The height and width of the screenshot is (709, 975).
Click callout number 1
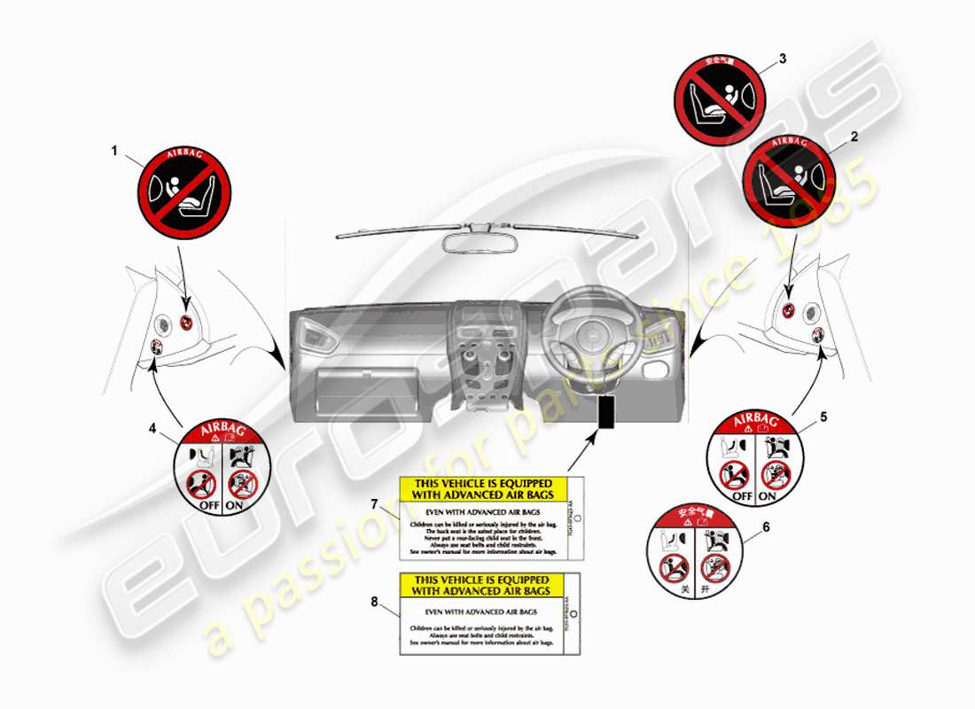pos(113,151)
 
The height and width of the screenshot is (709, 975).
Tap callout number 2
pos(854,137)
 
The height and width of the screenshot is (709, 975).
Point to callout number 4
pos(152,429)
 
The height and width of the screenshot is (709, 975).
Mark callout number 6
pos(766,526)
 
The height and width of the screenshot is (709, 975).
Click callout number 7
pos(374,504)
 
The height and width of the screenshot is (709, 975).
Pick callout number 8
pos(374,602)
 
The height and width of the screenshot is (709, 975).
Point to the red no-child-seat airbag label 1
pos(184,191)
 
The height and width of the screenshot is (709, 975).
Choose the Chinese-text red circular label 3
pos(720,92)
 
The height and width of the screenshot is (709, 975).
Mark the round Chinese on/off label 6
pos(694,551)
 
